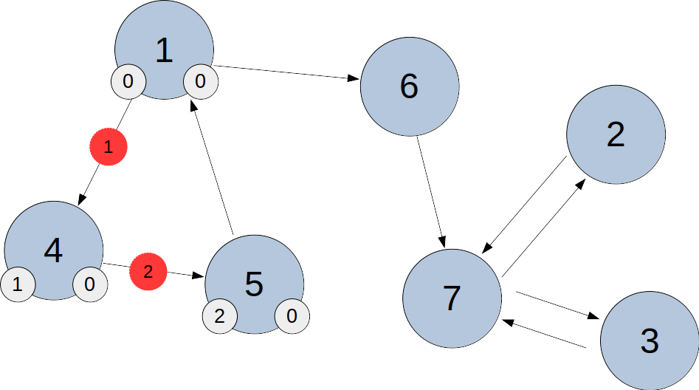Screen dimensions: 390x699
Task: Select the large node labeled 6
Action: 409,86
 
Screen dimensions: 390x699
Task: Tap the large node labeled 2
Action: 616,134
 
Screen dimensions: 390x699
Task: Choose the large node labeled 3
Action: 649,341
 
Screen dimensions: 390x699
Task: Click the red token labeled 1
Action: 109,147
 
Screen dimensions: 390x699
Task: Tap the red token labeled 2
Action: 148,272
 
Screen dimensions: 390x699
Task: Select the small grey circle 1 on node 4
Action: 17,285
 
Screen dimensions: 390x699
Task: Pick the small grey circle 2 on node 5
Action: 219,317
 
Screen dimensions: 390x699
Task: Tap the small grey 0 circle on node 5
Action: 292,317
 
